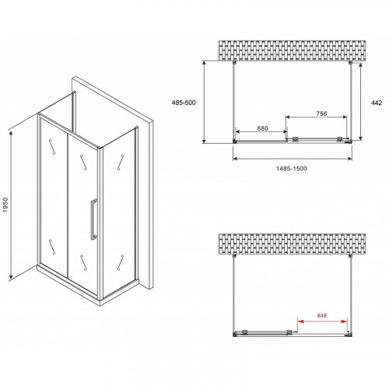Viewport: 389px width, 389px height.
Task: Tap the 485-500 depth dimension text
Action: point(186,102)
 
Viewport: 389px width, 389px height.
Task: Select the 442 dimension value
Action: point(377,101)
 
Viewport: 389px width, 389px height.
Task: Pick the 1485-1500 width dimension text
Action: point(295,170)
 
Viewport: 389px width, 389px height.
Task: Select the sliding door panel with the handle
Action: point(83,210)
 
